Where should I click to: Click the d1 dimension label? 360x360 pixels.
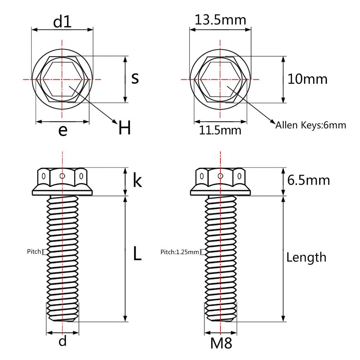pos(62,22)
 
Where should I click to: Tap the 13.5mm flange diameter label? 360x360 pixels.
pos(220,20)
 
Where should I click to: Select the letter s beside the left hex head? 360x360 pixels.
pos(135,78)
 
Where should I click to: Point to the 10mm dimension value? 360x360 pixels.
pos(307,79)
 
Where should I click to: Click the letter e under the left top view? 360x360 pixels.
pos(63,130)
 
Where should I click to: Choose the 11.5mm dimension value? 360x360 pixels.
pos(220,130)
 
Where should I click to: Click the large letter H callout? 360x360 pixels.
pos(124,128)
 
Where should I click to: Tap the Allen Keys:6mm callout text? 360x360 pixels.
pos(311,125)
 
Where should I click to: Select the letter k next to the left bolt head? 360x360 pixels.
pos(137,181)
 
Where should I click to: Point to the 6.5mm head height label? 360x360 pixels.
pos(308,180)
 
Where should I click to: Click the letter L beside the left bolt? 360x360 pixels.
pos(137,254)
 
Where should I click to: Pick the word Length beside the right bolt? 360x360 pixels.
pos(306,257)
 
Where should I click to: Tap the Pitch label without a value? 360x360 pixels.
pos(34,251)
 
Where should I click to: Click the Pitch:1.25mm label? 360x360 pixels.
pos(180,252)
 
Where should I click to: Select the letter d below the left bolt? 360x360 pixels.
pos(63,341)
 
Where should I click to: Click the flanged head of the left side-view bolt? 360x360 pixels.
pos(62,181)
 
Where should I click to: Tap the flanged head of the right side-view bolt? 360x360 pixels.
pos(220,181)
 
